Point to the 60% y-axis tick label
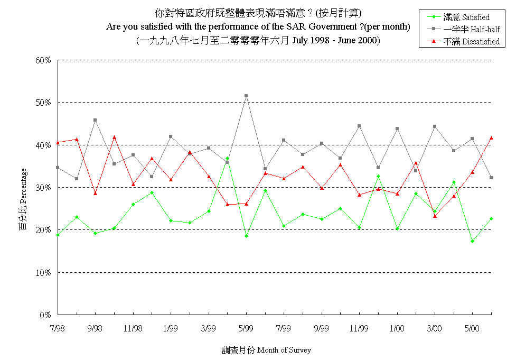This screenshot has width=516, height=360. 43,60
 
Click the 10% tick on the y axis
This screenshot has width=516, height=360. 43,273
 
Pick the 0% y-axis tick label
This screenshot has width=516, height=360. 45,315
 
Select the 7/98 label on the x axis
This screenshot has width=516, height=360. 58,328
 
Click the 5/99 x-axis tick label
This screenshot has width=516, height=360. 246,328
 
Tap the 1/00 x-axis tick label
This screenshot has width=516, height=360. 397,328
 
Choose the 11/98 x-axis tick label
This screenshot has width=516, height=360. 133,328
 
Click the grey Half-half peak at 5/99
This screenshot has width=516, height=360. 246,96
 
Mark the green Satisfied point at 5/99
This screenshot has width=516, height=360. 246,236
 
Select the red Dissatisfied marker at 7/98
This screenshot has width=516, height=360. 58,142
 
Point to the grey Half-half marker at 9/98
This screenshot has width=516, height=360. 95,120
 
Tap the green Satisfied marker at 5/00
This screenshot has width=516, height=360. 472,241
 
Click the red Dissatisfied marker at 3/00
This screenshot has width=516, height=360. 435,216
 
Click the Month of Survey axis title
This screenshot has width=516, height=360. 266,350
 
